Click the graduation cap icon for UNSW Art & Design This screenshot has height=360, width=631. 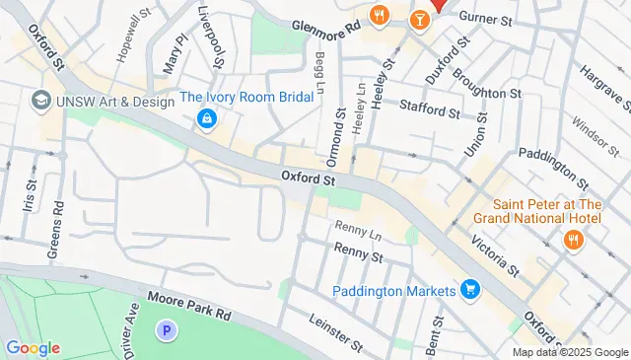[41, 100]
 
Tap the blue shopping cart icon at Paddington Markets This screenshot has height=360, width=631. [470, 290]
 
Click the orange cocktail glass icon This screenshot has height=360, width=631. [420, 18]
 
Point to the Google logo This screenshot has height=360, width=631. [33, 348]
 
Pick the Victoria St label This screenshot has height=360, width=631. [494, 252]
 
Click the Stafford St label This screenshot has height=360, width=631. [429, 111]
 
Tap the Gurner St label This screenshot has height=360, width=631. [487, 20]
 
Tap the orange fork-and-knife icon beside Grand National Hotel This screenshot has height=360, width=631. [571, 240]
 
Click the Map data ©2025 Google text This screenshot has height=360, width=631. [569, 352]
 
